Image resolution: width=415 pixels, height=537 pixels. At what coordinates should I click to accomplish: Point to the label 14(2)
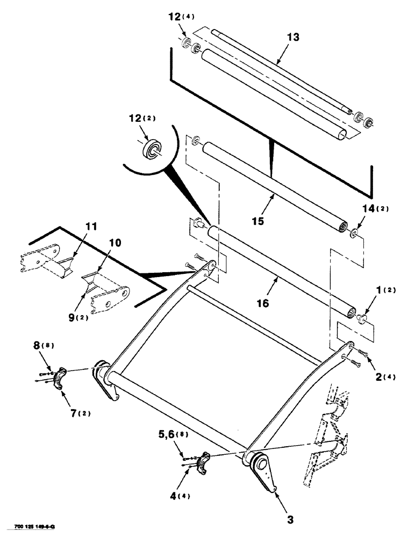(358, 211)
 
